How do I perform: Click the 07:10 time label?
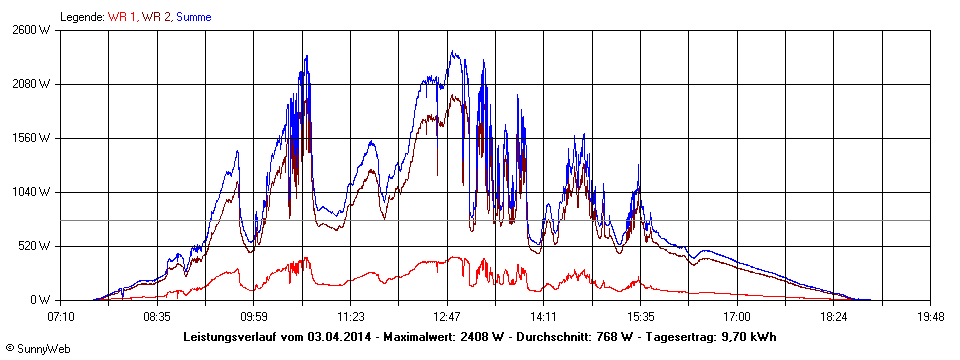60,316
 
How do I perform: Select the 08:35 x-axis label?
157,316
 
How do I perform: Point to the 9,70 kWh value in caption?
749,336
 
